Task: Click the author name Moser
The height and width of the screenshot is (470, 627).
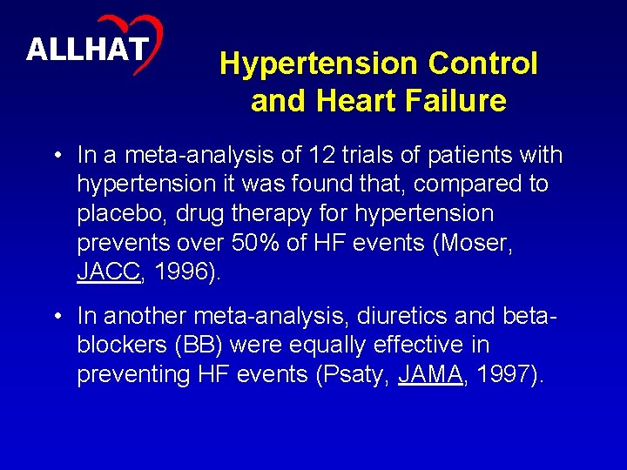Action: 474,242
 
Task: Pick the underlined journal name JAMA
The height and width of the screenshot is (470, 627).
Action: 429,374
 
